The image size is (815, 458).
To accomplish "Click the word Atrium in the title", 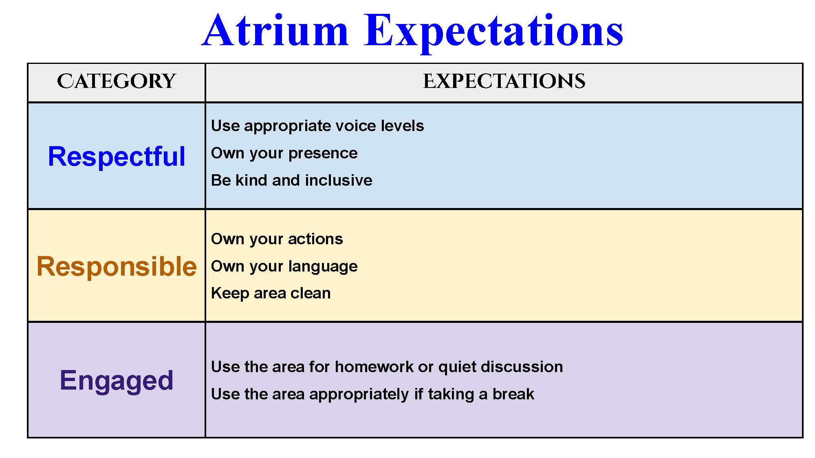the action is pos(275,30).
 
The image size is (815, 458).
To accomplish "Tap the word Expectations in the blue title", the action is pos(493,33).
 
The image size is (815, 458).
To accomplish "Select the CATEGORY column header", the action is pos(117,81).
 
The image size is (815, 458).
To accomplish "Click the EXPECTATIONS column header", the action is pos(504,81).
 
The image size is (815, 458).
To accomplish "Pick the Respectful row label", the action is pos(117,156).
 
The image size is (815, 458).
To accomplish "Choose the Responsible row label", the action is pos(117,267).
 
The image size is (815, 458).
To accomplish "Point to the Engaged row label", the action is pos(117,381).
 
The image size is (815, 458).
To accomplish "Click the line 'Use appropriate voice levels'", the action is pos(317,126).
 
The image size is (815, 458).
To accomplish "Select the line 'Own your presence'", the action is pos(284,153).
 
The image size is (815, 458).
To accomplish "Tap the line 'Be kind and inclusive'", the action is pos(291,180).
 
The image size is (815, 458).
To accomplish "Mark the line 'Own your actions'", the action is pos(277,239).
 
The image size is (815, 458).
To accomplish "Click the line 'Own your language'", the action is pos(284,267).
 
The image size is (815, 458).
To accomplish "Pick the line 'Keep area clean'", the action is pos(271,293).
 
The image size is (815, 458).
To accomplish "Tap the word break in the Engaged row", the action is pos(513,394).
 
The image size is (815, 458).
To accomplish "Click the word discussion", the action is pos(522,367).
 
